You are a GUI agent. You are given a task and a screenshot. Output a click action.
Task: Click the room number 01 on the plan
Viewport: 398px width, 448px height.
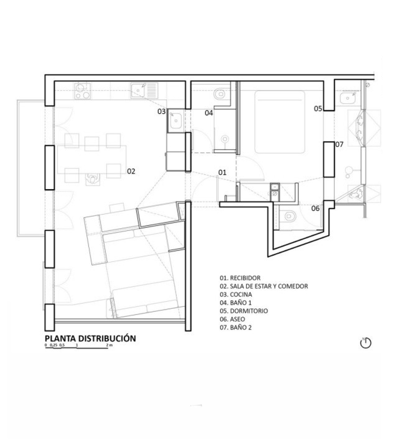222,172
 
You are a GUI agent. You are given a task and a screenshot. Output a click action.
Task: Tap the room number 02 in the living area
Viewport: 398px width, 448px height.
131,171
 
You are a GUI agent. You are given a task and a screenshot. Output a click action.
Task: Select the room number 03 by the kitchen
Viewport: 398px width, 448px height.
162,112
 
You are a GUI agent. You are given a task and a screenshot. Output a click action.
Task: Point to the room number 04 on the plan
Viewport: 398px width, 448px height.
209,113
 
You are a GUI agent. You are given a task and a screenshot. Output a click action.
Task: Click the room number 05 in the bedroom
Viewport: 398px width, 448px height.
318,108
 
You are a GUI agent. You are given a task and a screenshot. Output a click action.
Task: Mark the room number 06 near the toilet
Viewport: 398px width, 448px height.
315,208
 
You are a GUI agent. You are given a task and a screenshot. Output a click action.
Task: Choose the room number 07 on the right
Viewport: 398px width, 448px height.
339,144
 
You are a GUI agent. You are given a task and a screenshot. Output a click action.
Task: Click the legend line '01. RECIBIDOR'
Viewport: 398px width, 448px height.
240,278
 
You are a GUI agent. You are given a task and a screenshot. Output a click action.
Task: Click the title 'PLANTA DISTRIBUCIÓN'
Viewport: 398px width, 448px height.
90,338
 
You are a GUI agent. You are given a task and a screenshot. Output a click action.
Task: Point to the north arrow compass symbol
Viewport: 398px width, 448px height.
366,343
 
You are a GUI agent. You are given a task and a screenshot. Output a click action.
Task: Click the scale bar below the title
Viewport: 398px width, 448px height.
77,346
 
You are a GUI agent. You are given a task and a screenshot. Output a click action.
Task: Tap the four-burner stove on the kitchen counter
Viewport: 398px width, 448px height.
81,90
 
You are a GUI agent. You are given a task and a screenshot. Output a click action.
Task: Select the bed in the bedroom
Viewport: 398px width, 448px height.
280,121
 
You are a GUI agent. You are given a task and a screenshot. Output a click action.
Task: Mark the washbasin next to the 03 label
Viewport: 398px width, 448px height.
175,120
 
